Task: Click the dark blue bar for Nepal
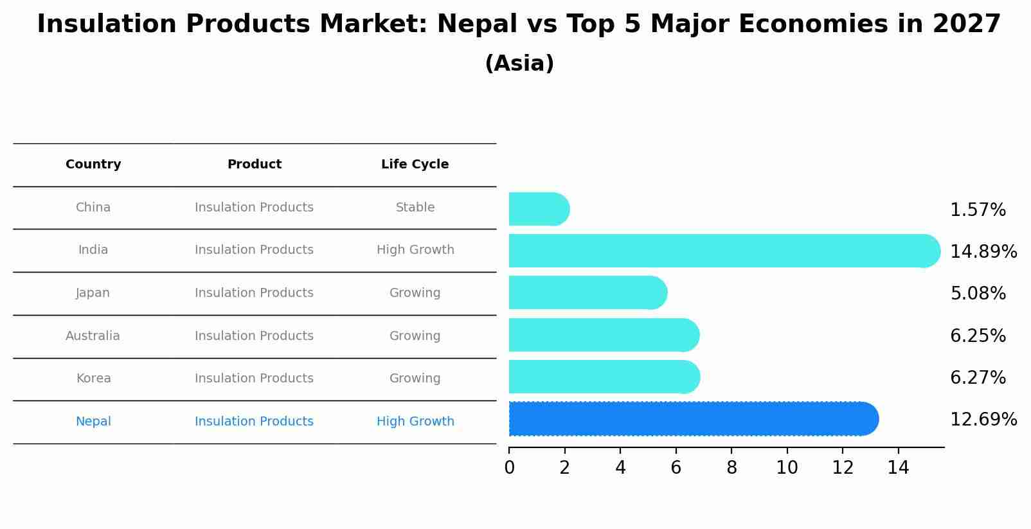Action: click(693, 419)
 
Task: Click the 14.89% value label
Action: click(983, 251)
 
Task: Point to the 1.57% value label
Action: click(977, 210)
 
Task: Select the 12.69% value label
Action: click(983, 420)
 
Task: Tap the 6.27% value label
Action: click(977, 378)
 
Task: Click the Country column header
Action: click(93, 165)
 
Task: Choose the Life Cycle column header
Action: click(415, 165)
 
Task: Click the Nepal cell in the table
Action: click(93, 422)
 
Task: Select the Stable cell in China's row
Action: click(415, 208)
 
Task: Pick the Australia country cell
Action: click(93, 336)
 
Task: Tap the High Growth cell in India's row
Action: click(415, 250)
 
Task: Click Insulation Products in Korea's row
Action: click(254, 379)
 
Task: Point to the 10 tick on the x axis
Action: click(787, 468)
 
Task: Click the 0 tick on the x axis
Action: click(510, 468)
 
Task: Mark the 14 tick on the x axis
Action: click(898, 468)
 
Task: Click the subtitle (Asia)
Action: click(519, 64)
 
